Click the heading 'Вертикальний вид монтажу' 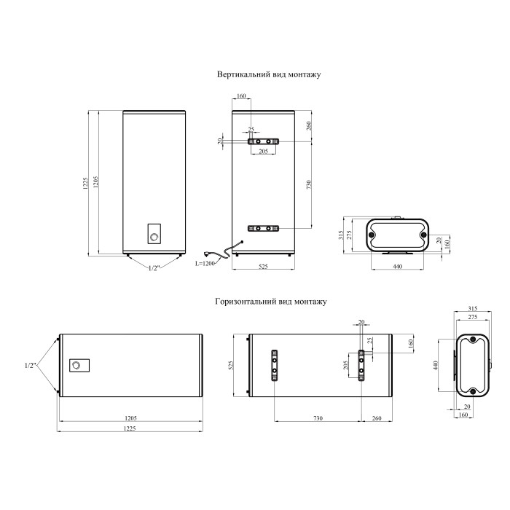point(269,74)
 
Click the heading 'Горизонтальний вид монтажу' point(271,302)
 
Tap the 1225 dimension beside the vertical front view point(85,184)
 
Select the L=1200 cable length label point(205,263)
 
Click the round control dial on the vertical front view point(154,237)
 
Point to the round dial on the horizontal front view point(76,365)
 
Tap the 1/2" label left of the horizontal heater point(30,365)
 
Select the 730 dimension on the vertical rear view point(309,185)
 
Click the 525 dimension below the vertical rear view point(263,267)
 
